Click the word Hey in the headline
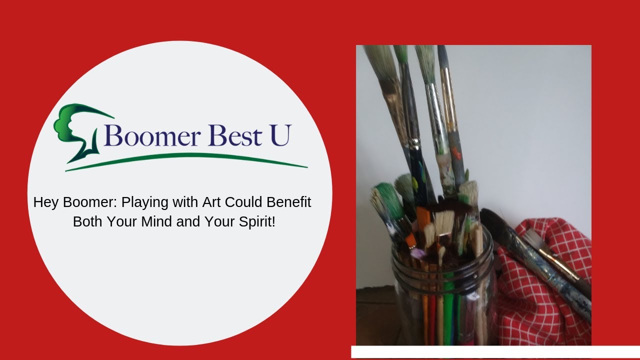[44, 202]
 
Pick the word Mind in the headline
[156, 222]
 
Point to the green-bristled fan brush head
[385, 197]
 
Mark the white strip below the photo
[495, 351]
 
